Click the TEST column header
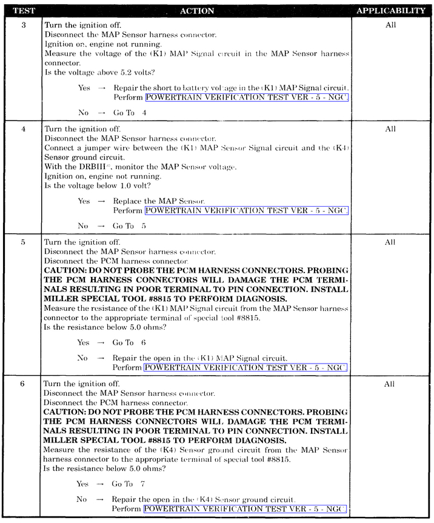(x=22, y=11)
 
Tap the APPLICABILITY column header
(x=390, y=11)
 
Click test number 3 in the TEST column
(x=22, y=25)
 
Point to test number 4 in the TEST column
(x=22, y=129)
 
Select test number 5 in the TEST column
(x=22, y=242)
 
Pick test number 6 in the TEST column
(x=22, y=384)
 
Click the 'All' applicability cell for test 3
(x=390, y=25)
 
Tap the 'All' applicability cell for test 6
(x=390, y=384)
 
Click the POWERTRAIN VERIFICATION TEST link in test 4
(x=246, y=210)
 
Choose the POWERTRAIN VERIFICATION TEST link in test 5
(x=245, y=367)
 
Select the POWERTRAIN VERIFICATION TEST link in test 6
(x=245, y=508)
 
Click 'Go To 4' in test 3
(x=130, y=113)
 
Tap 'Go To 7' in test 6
(x=129, y=484)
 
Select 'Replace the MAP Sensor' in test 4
(x=159, y=201)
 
